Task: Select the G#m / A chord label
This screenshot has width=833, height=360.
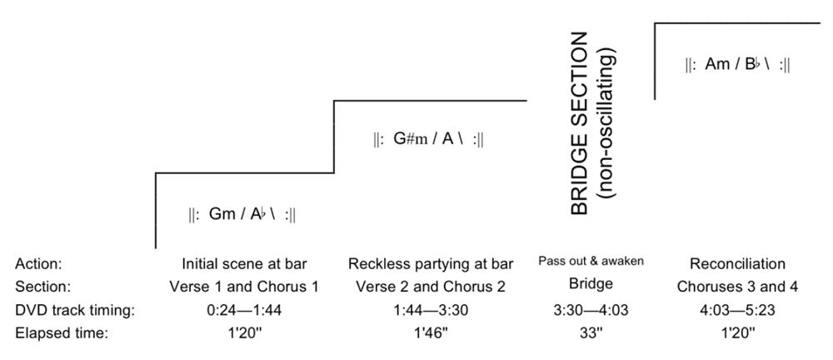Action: tap(430, 140)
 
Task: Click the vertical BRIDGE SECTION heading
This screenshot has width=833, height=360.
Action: tap(581, 125)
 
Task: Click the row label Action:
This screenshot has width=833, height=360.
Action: tap(39, 264)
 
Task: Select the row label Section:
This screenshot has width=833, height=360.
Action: tap(42, 287)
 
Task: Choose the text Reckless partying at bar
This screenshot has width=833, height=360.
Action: tap(430, 265)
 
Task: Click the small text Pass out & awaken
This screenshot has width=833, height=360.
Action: tap(591, 262)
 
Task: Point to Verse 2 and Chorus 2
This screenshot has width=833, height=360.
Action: tap(430, 287)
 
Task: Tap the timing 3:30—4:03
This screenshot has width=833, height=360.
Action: tap(591, 310)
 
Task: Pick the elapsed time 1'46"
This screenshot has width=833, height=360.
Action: tap(430, 332)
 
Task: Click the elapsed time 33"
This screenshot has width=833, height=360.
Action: tap(591, 332)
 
